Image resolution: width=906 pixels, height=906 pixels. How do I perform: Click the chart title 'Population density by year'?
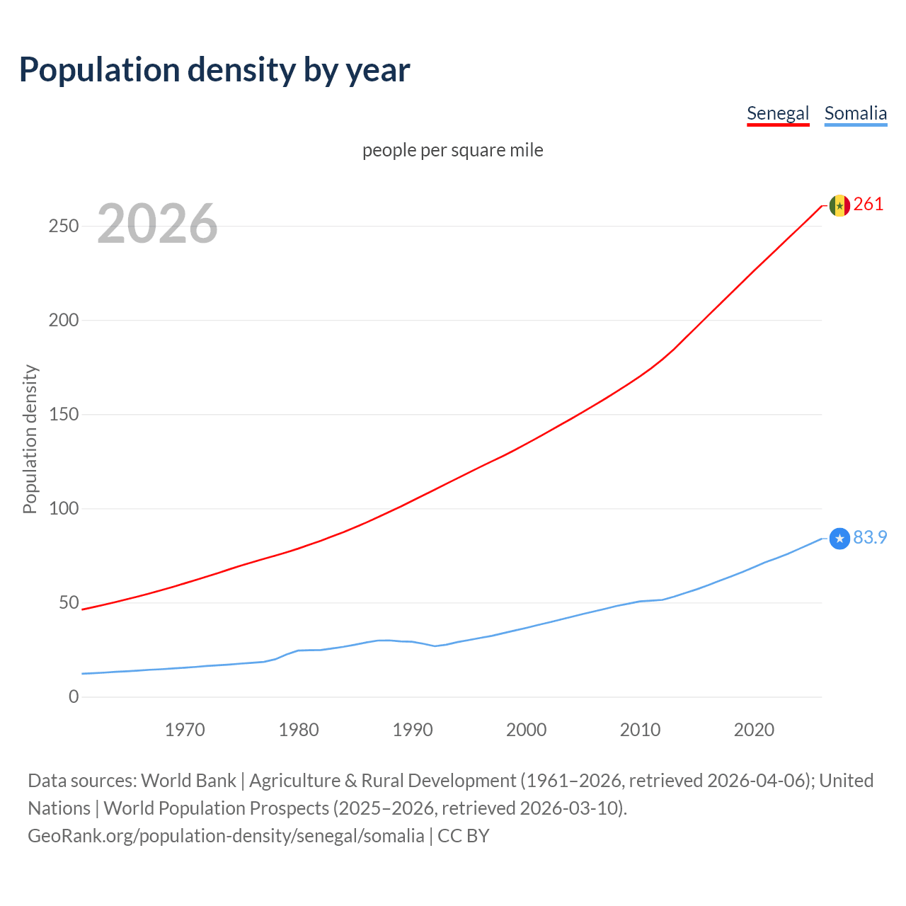[x=214, y=70]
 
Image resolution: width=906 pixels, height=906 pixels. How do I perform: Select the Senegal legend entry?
[x=777, y=113]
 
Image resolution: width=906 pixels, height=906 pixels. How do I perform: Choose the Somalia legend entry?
[x=855, y=113]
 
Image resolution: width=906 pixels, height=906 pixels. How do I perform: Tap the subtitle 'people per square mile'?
[x=452, y=150]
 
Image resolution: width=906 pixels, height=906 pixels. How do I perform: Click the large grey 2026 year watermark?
[x=157, y=224]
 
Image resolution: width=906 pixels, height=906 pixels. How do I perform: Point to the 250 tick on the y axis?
[x=63, y=226]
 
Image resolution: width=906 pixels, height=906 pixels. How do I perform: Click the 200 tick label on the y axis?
[x=63, y=320]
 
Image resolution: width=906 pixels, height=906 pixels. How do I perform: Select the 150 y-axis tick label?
[x=63, y=414]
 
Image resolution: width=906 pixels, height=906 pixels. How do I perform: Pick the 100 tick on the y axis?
[x=63, y=508]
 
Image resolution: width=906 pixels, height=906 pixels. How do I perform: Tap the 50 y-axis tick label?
[x=69, y=602]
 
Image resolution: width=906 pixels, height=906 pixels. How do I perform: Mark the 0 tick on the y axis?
[x=74, y=696]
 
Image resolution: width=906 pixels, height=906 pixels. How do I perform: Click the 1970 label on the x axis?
[x=185, y=730]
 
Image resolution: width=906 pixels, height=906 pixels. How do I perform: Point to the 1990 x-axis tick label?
[x=413, y=730]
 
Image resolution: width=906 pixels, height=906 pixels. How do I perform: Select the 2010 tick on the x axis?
[x=640, y=730]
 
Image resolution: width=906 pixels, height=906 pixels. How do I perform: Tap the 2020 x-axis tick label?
[x=754, y=730]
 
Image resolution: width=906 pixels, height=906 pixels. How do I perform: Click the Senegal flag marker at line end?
[x=839, y=205]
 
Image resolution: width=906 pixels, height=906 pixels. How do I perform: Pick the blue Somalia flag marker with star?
[x=839, y=539]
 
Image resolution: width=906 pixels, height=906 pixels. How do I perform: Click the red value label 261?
[x=868, y=205]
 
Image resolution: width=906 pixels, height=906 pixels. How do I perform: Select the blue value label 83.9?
[x=870, y=538]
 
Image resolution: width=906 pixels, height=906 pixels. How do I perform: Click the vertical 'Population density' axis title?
[x=30, y=439]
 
